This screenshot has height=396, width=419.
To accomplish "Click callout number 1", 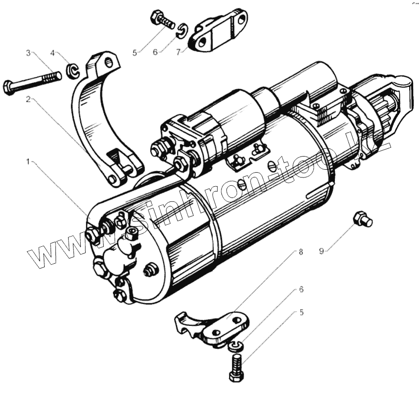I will pos(29,161).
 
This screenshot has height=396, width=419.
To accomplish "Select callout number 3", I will pos(29,53).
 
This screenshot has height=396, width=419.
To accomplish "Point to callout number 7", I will pos(178,51).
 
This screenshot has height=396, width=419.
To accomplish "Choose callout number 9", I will pos(321,251).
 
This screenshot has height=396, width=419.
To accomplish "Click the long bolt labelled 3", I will pos(32,82).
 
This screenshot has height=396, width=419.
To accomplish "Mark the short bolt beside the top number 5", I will pos(162,20).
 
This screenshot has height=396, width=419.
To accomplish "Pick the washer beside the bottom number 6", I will pos(235,346).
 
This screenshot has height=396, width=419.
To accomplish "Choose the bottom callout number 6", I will pos(301,289).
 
